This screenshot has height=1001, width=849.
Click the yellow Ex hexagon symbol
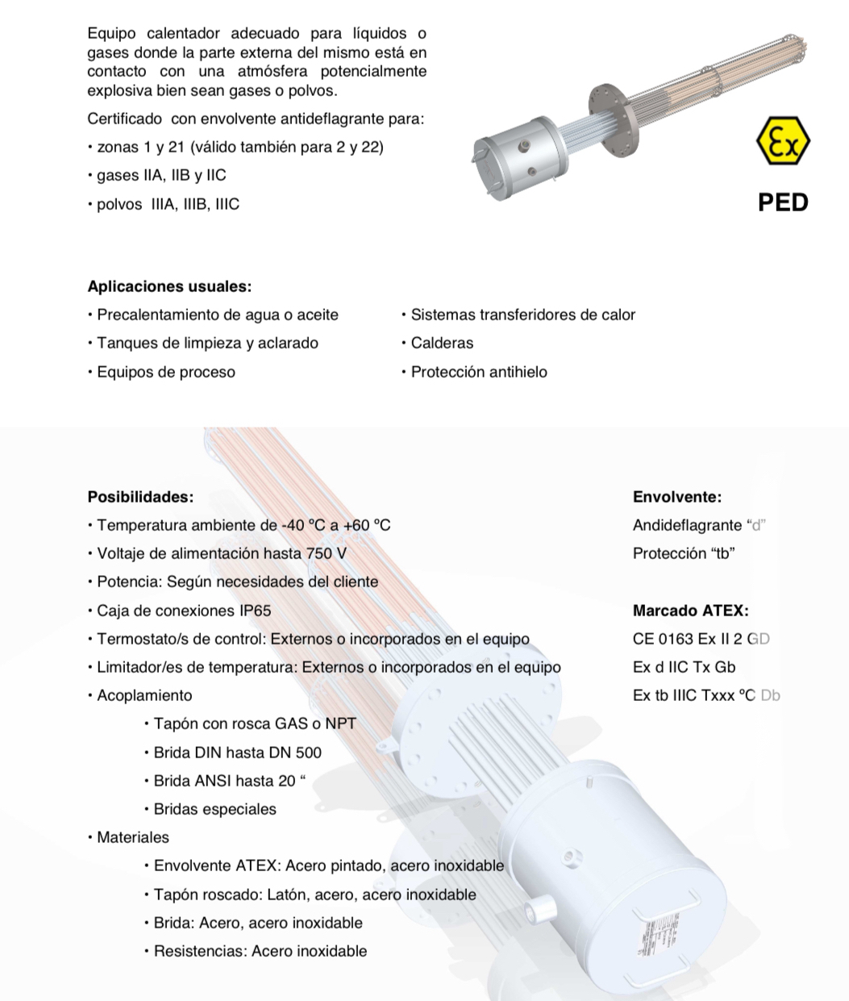pos(783,142)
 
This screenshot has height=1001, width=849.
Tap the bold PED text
pos(783,202)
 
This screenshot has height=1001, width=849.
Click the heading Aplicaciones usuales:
pos(169,286)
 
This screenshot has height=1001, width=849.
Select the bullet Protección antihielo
pos(478,372)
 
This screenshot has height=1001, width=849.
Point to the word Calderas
pos(442,343)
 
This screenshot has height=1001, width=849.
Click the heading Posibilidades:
pos(140,497)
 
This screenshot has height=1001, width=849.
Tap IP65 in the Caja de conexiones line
pos(251,611)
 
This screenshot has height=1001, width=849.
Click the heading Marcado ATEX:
pos(690,611)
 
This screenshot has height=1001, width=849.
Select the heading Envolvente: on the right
pos(676,497)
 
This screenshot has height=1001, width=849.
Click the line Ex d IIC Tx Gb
pos(684,667)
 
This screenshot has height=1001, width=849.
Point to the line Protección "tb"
pos(684,553)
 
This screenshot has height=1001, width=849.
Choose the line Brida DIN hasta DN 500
pos(237,753)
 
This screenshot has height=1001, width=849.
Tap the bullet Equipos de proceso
pos(165,372)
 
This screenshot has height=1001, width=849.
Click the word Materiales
pos(133,837)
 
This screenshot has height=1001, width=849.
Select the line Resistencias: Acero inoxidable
pos(260,951)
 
